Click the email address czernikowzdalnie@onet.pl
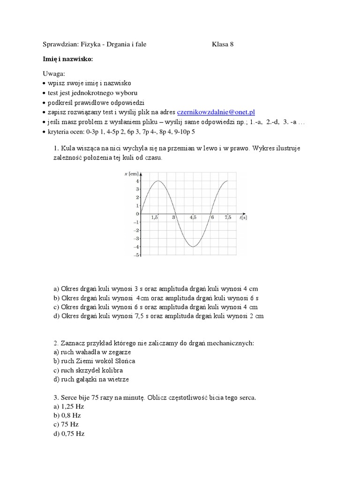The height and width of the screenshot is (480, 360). tap(216, 112)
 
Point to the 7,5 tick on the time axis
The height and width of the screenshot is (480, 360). tap(228, 217)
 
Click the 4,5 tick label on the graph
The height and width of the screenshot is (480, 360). tap(193, 217)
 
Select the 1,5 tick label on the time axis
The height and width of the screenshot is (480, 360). tap(155, 217)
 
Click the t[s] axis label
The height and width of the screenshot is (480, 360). tap(242, 218)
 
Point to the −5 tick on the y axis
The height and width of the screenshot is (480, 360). tap(136, 255)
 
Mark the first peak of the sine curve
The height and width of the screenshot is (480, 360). tap(158, 181)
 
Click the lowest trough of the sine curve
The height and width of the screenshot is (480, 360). tap(193, 247)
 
